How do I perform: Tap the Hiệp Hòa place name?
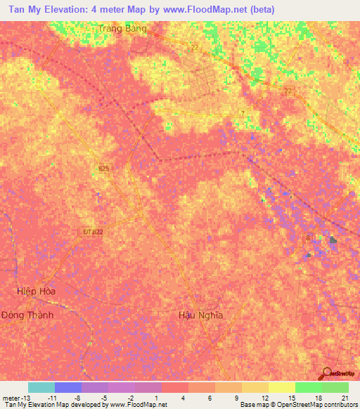pyautogui.click(x=36, y=290)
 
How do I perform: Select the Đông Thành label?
pyautogui.click(x=27, y=315)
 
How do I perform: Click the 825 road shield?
pyautogui.click(x=104, y=169)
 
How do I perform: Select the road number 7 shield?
pyautogui.click(x=243, y=114)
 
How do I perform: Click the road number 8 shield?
pyautogui.click(x=307, y=238)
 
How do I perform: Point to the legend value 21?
pyautogui.click(x=345, y=397)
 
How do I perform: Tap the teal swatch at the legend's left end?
pyautogui.click(x=41, y=387)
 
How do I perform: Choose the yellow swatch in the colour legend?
pyautogui.click(x=281, y=387)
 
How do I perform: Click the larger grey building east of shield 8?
pyautogui.click(x=333, y=241)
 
